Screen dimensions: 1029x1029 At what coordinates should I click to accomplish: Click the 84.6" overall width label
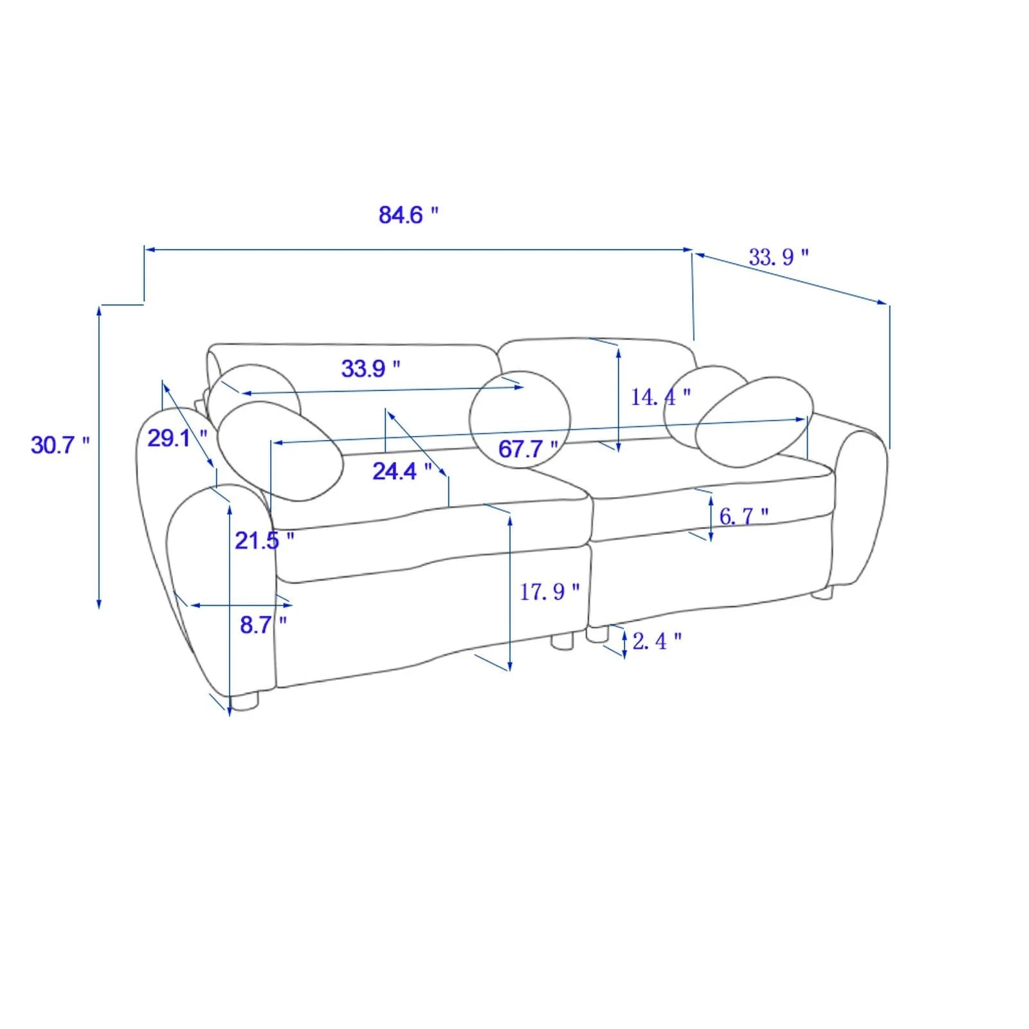coord(408,214)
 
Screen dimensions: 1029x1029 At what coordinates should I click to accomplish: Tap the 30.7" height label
coord(60,444)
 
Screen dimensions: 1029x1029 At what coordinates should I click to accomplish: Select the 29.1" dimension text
coord(178,438)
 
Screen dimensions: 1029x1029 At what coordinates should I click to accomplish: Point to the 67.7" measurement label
coord(528,448)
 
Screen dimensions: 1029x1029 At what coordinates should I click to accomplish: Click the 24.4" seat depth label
coord(402,471)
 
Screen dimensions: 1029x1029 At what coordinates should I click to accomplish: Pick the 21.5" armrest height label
coord(264,540)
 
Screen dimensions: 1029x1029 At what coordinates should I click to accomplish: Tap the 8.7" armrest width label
coord(263,624)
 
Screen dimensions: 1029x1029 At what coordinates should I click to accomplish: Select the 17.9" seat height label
coord(550,591)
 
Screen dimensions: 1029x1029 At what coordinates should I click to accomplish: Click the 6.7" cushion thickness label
coord(743,515)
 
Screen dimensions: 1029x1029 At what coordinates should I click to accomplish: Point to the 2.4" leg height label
coord(657,641)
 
